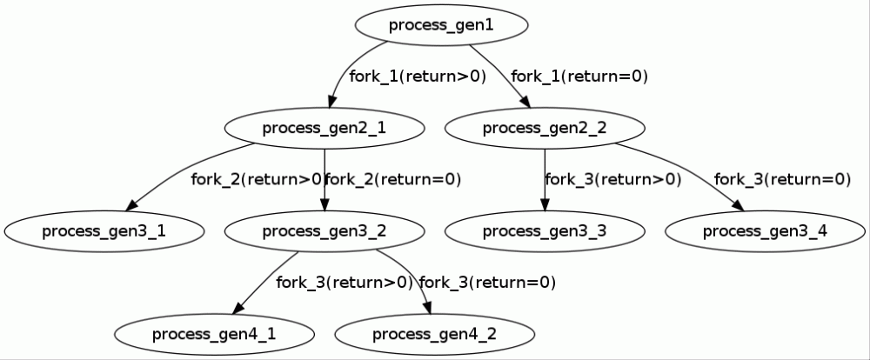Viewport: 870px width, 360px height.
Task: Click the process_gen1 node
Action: (441, 25)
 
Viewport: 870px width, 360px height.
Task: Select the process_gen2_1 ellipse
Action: (325, 129)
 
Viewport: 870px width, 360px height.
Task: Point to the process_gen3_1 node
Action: (104, 231)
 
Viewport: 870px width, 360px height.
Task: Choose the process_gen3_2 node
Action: (325, 231)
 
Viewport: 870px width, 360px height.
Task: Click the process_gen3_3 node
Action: (545, 231)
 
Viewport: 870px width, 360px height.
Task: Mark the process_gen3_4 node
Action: (765, 231)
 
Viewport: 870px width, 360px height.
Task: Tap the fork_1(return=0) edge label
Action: (579, 77)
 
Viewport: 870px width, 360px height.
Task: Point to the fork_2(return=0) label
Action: (393, 180)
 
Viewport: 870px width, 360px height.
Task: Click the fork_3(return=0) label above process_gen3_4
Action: (782, 180)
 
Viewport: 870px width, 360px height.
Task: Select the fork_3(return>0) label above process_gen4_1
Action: (344, 283)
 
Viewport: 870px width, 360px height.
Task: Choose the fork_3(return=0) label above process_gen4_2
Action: (487, 283)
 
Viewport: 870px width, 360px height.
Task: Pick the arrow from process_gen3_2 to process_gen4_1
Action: (265, 283)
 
